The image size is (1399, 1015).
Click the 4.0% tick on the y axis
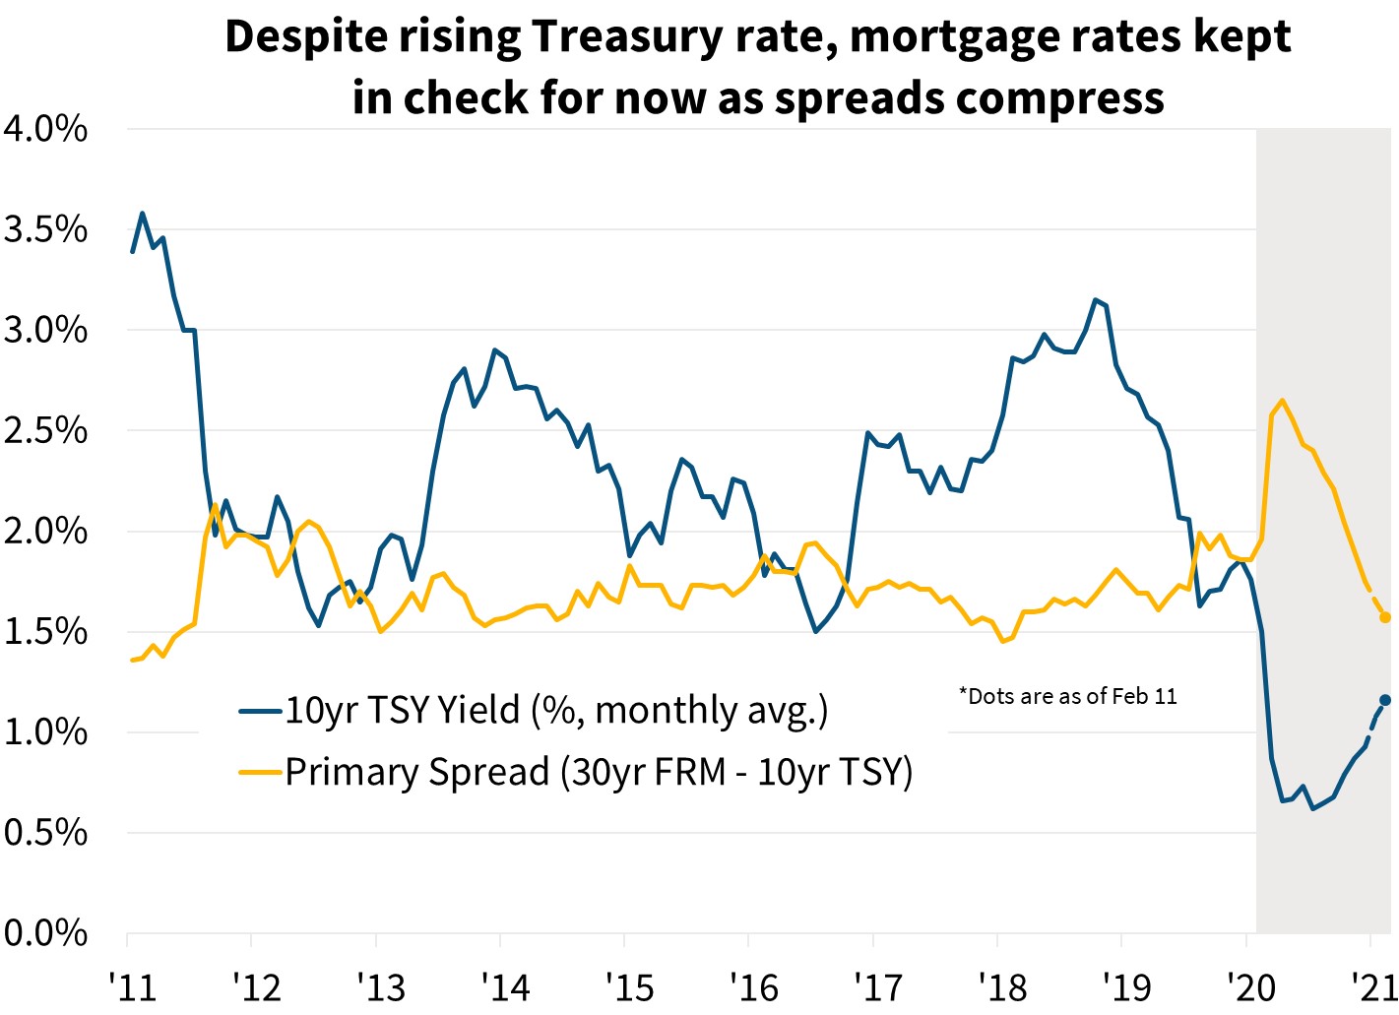point(45,129)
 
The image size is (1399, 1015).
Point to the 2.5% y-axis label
point(45,431)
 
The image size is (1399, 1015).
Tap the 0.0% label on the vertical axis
point(45,932)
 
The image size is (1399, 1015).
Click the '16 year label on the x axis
point(753,986)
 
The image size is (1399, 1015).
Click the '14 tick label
point(504,986)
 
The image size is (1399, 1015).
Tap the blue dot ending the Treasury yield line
point(1385,700)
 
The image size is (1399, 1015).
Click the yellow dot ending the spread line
point(1385,617)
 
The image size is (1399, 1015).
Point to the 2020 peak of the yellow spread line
point(1282,400)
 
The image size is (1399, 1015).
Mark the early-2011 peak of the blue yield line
point(143,213)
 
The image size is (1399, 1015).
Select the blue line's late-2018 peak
point(1096,299)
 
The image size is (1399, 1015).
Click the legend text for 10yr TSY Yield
point(556,710)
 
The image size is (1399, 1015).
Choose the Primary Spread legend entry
point(599,773)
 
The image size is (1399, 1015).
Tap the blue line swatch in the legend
point(261,710)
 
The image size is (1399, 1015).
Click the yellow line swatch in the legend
point(261,773)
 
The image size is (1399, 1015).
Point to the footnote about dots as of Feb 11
point(1067,697)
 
